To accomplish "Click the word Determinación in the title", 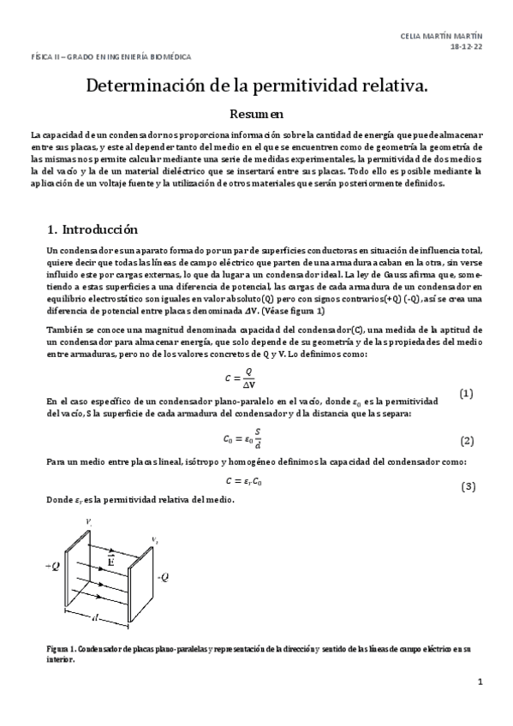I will (x=145, y=86).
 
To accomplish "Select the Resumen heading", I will (x=256, y=113).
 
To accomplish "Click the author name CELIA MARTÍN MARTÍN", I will (x=441, y=36).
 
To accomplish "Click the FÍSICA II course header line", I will (x=110, y=57).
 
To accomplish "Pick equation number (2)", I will (x=467, y=441).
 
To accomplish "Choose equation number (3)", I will (x=468, y=486).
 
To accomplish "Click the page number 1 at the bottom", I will (x=480, y=682).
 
